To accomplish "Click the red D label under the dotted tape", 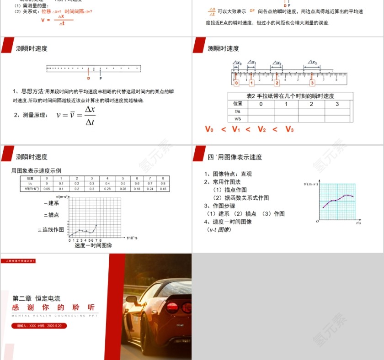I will point(88,78).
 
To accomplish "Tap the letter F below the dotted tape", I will point(101,78).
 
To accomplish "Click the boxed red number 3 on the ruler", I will point(312,83).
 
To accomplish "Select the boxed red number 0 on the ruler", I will point(236,83).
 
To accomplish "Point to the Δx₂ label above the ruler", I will point(277,63).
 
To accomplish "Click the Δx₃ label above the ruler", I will point(312,62).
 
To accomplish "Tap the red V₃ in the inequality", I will point(290,129).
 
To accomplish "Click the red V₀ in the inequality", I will point(209,129).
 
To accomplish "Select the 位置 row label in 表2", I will point(238,104).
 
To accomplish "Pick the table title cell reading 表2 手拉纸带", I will point(290,96).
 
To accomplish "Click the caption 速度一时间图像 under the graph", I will point(93,245).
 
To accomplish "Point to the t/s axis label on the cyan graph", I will point(358,223).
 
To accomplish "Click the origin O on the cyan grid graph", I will point(317,221).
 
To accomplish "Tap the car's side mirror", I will point(132,299).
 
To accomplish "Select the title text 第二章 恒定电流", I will point(36,298).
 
